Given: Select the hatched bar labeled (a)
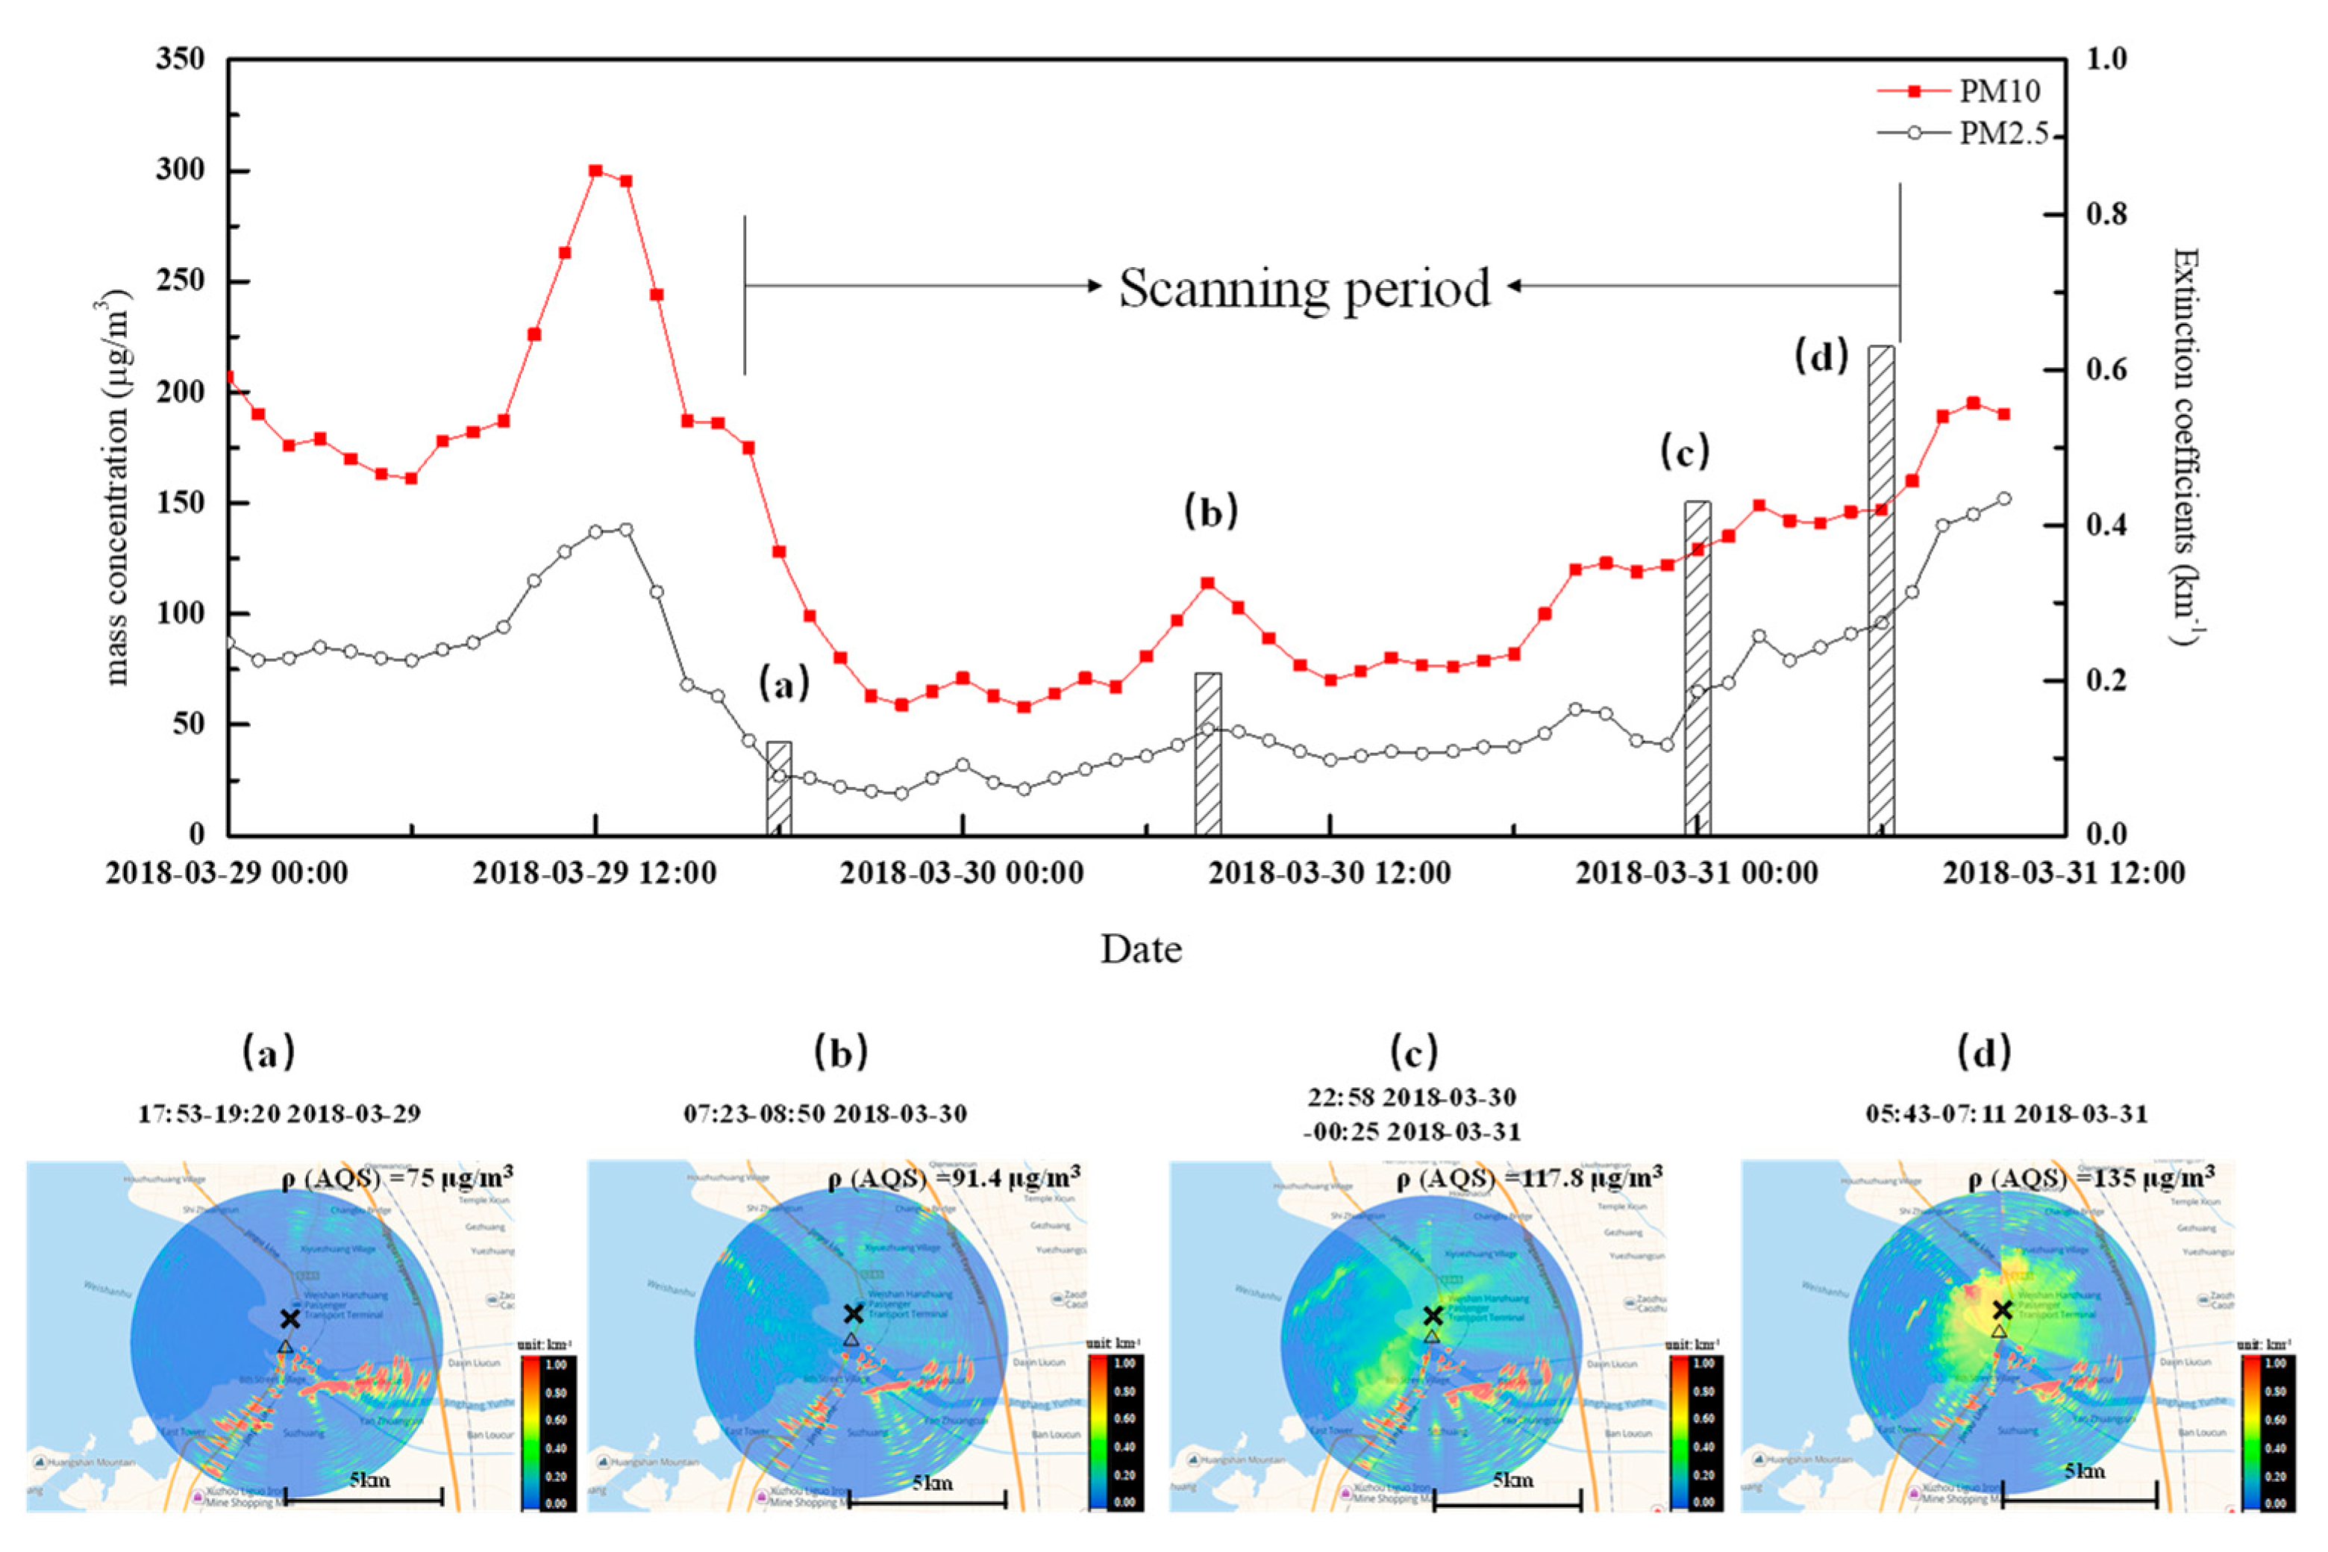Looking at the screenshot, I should pos(779,788).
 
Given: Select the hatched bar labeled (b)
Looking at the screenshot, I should pos(1207,754).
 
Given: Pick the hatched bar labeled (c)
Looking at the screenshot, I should pos(1697,668).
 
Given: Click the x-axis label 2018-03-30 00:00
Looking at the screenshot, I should pos(962,874).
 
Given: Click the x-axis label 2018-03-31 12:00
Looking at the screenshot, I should pos(2064,874).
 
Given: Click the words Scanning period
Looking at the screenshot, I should pos(1304,288).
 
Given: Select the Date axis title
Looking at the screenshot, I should pos(1141,949).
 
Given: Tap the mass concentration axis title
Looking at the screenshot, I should pos(119,487).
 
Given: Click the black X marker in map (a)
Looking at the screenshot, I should pos(289,1318).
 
